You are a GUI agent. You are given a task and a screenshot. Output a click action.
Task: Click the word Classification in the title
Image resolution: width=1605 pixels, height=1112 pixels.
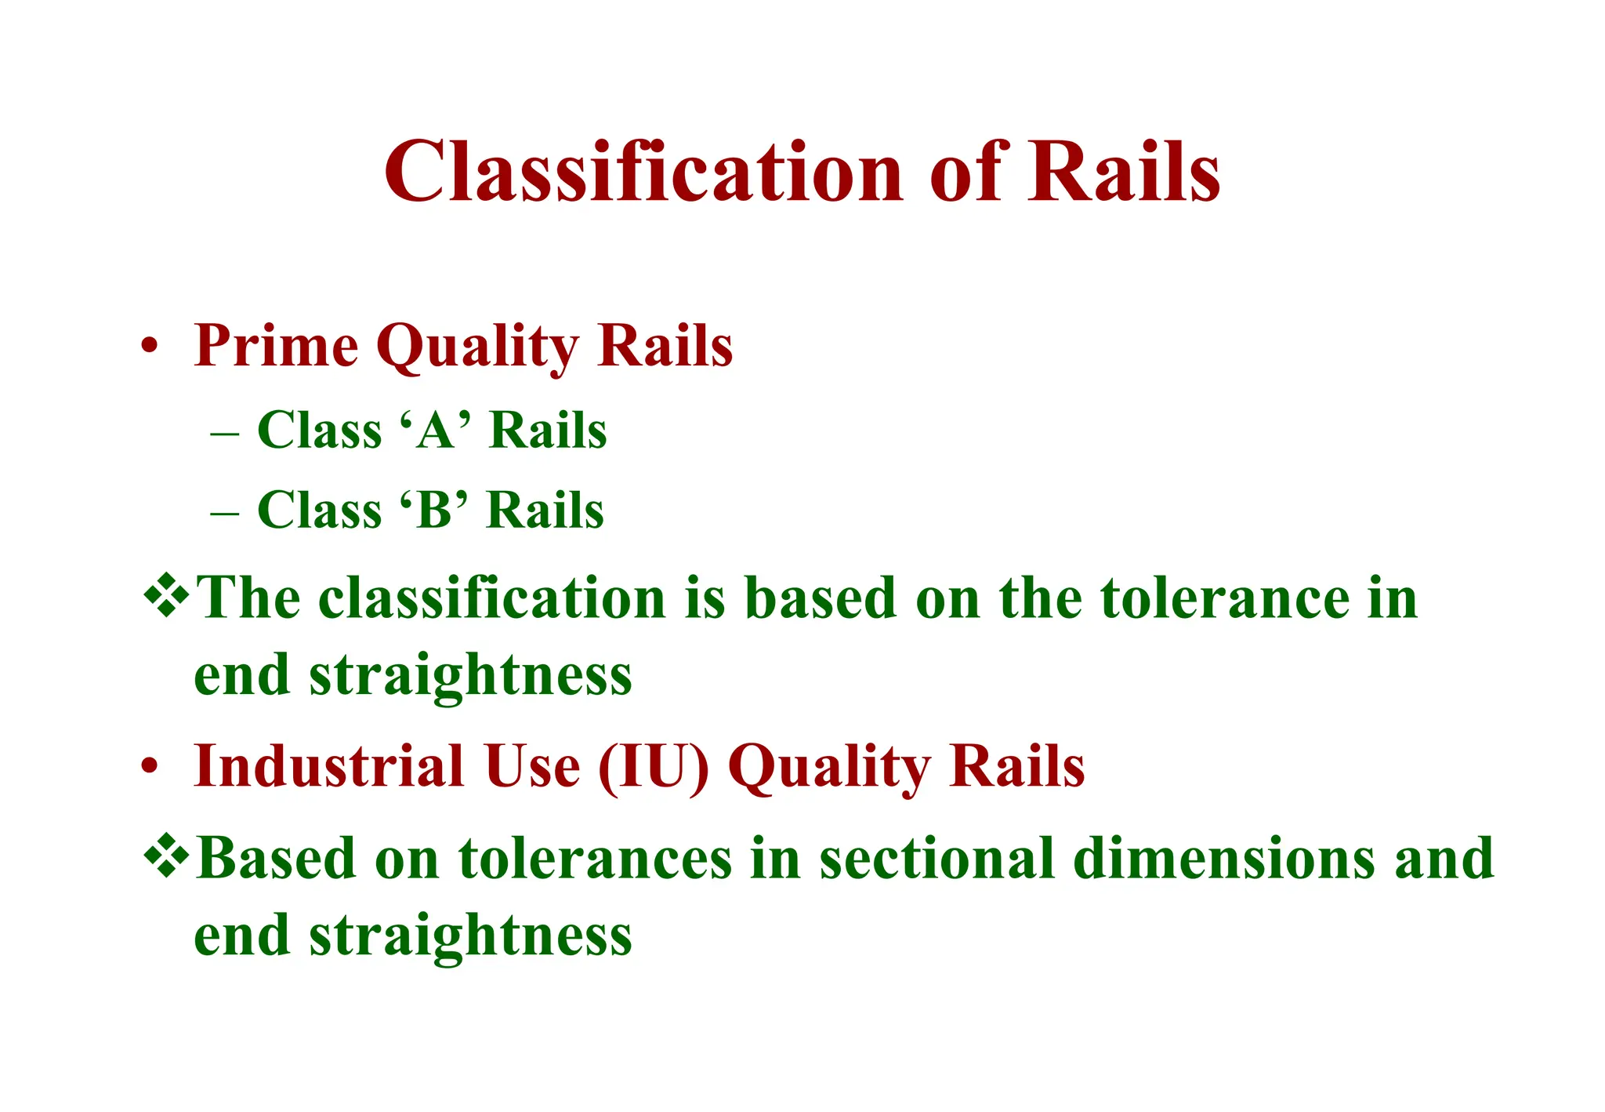[643, 173]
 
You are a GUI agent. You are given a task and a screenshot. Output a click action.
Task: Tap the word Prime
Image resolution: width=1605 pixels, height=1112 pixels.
[276, 346]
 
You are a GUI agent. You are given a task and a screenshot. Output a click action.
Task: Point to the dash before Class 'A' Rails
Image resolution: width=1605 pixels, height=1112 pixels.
[225, 432]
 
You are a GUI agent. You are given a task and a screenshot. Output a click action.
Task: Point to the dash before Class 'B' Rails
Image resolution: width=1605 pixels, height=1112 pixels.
[225, 512]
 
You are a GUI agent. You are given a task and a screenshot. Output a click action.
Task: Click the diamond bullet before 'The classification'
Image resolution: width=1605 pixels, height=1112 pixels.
[166, 596]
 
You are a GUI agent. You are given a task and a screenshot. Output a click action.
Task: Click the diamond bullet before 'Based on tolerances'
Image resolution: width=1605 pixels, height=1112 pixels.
[166, 856]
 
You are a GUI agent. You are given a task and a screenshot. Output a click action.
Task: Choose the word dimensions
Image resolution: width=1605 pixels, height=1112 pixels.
[1223, 859]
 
